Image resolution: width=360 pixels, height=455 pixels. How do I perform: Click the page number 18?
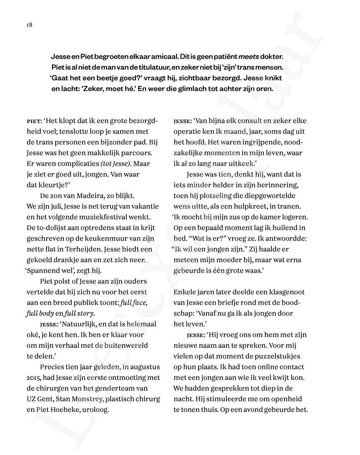tap(29, 25)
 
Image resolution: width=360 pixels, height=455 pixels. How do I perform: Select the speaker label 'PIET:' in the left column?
tap(35, 121)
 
